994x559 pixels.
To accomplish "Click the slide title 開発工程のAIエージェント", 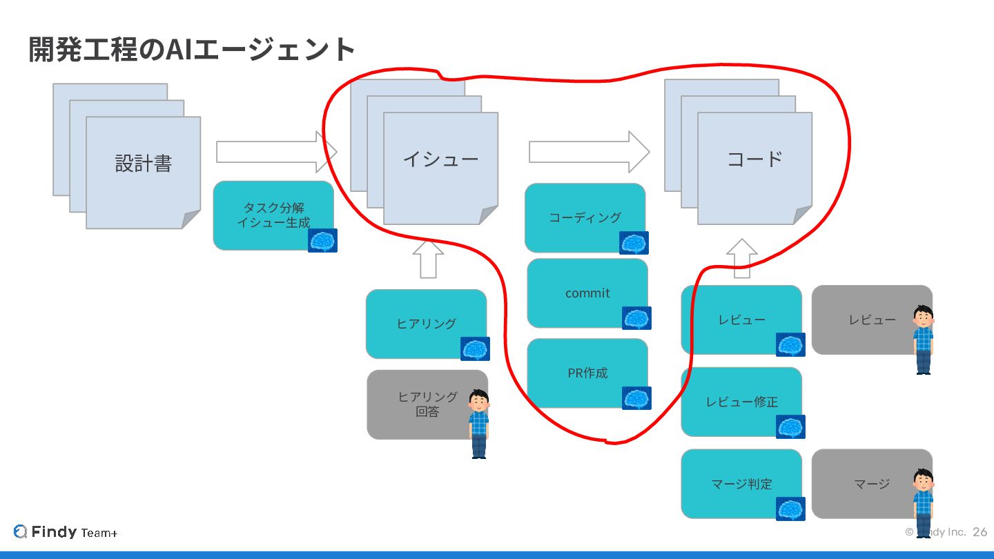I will tap(192, 50).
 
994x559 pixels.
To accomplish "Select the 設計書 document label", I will tap(143, 164).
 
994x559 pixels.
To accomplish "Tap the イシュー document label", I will tap(440, 159).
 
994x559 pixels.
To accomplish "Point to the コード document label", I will tap(754, 159).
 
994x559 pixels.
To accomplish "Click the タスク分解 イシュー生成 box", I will tap(273, 215).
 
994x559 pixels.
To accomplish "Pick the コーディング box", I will tap(584, 217).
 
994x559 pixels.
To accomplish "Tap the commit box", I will tap(587, 293).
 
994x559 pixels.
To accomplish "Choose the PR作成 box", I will tap(587, 373).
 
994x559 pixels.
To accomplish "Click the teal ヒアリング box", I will tap(425, 323).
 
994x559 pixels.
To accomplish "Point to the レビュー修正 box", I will tap(741, 402).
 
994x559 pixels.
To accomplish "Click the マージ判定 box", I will tap(741, 484).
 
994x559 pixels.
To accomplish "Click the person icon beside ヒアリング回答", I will tap(479, 424).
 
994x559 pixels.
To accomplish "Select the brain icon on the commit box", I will tap(636, 318).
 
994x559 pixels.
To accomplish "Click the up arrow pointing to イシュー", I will tap(428, 259).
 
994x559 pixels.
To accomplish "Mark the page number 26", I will tap(980, 532).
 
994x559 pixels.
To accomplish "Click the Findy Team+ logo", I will tap(66, 532).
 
